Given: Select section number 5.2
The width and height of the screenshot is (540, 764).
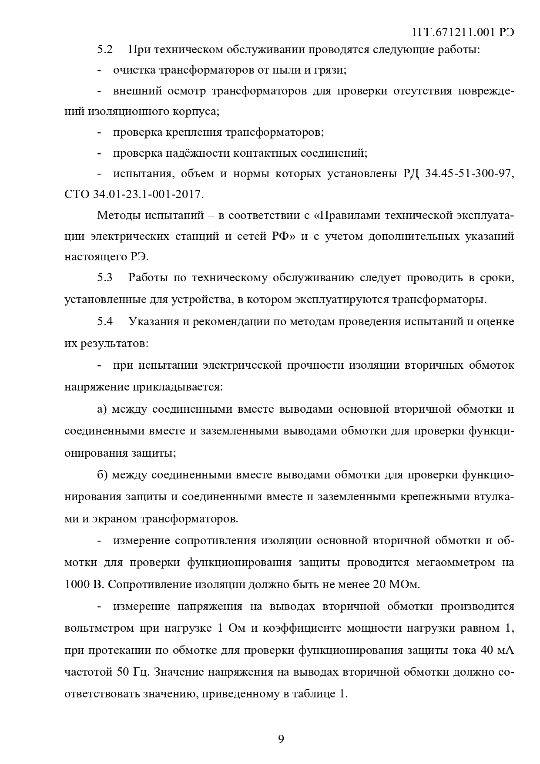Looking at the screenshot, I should tap(105, 49).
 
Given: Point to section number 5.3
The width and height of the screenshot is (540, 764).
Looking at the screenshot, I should tap(105, 278).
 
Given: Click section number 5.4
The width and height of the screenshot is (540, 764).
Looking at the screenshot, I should tap(105, 322).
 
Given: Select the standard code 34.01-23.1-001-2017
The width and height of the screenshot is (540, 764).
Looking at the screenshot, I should tap(148, 194).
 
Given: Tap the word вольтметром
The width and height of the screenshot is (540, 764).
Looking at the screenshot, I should tap(98, 629).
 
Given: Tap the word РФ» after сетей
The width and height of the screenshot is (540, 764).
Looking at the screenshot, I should tap(284, 236).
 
